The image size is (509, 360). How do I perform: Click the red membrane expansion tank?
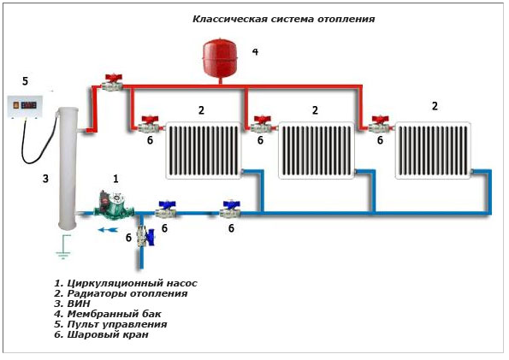220,58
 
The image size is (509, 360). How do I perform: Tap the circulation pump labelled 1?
113,205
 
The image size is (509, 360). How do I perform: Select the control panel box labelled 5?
25,106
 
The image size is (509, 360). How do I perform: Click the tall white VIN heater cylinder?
68,168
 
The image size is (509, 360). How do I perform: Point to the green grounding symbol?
63,247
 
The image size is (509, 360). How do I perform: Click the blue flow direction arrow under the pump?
108,229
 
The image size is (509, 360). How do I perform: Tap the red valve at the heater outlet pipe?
112,82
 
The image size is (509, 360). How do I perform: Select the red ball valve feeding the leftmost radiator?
151,124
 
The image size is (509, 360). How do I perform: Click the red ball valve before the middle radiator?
263,124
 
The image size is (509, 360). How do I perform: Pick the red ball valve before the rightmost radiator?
380,124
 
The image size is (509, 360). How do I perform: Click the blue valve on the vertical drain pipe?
145,237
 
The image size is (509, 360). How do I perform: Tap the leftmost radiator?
204,150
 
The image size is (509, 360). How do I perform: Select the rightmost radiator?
433,150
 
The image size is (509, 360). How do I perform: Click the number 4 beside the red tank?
256,52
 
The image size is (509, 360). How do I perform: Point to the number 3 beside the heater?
46,178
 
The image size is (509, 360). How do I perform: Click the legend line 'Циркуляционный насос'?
126,283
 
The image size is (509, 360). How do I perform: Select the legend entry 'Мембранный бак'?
108,314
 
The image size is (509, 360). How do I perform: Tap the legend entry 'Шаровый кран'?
101,334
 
